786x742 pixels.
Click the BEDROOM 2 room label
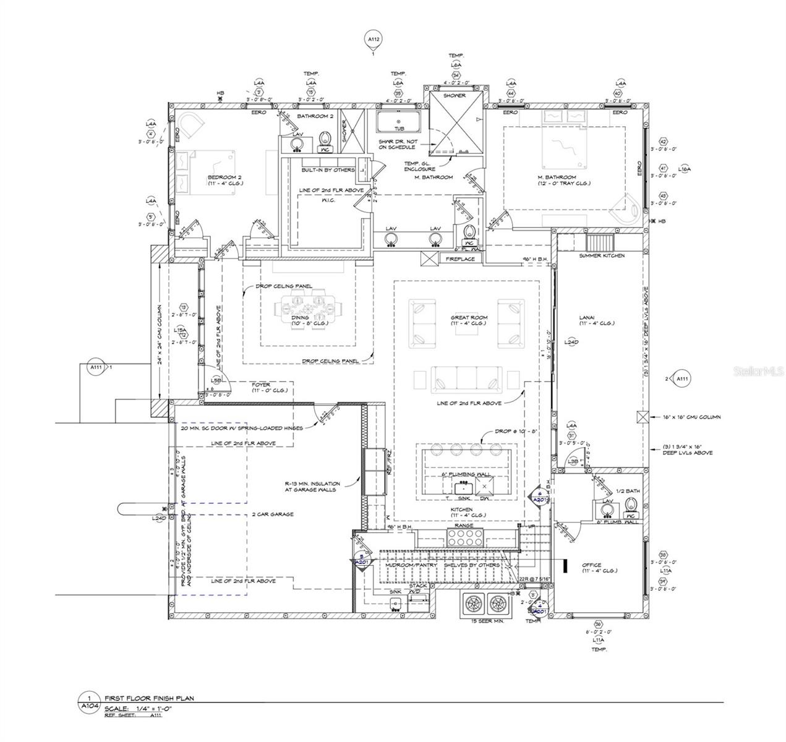click(x=224, y=177)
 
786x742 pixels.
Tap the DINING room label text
click(x=300, y=318)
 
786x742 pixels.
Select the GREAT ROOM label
click(x=468, y=317)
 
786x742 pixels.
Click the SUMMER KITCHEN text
click(x=601, y=255)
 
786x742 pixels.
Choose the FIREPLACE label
click(x=460, y=258)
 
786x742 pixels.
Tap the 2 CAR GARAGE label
click(x=272, y=514)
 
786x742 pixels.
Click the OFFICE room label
click(x=591, y=565)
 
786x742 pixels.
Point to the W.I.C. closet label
click(x=328, y=200)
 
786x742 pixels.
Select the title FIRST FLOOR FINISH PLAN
click(x=148, y=698)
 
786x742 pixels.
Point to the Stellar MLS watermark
click(x=758, y=372)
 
